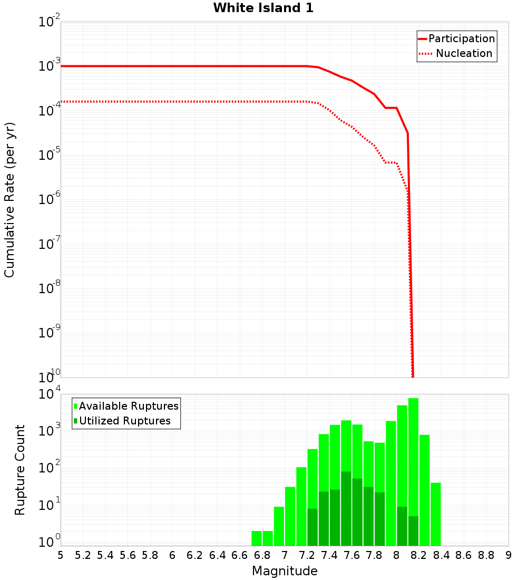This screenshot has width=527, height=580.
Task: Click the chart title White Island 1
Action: pos(263,8)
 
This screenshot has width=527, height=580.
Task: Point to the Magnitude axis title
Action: pos(285,571)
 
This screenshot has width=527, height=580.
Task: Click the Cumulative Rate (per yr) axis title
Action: pos(9,200)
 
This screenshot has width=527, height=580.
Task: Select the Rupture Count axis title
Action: pos(20,470)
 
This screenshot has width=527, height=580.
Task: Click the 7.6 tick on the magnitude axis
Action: pos(352,555)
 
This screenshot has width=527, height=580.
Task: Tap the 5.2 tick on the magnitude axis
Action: pos(83,555)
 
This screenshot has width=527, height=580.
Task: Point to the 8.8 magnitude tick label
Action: pos(486,555)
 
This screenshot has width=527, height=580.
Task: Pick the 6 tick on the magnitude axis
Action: pos(172,555)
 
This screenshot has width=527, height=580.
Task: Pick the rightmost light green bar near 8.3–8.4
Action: pos(435,514)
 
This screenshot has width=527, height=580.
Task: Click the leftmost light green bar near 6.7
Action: pos(257,538)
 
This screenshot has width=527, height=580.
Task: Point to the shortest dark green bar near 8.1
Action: pos(413,531)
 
